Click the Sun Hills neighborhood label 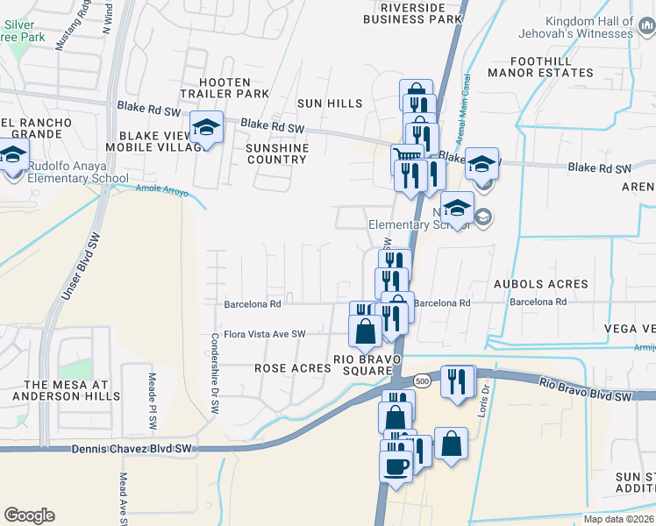[330, 103]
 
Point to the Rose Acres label [293, 369]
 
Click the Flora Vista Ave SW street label [264, 334]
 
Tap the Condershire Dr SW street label [213, 373]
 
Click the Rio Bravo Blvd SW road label [585, 390]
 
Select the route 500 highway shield [422, 380]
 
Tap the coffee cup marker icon [396, 464]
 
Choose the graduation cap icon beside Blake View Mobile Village [206, 127]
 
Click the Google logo [29, 515]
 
